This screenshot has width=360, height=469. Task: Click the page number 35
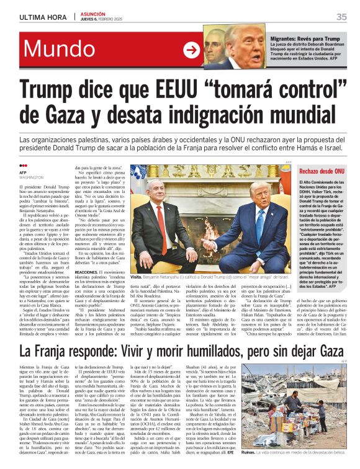pos(341,17)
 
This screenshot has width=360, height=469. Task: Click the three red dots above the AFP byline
pos(24,166)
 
